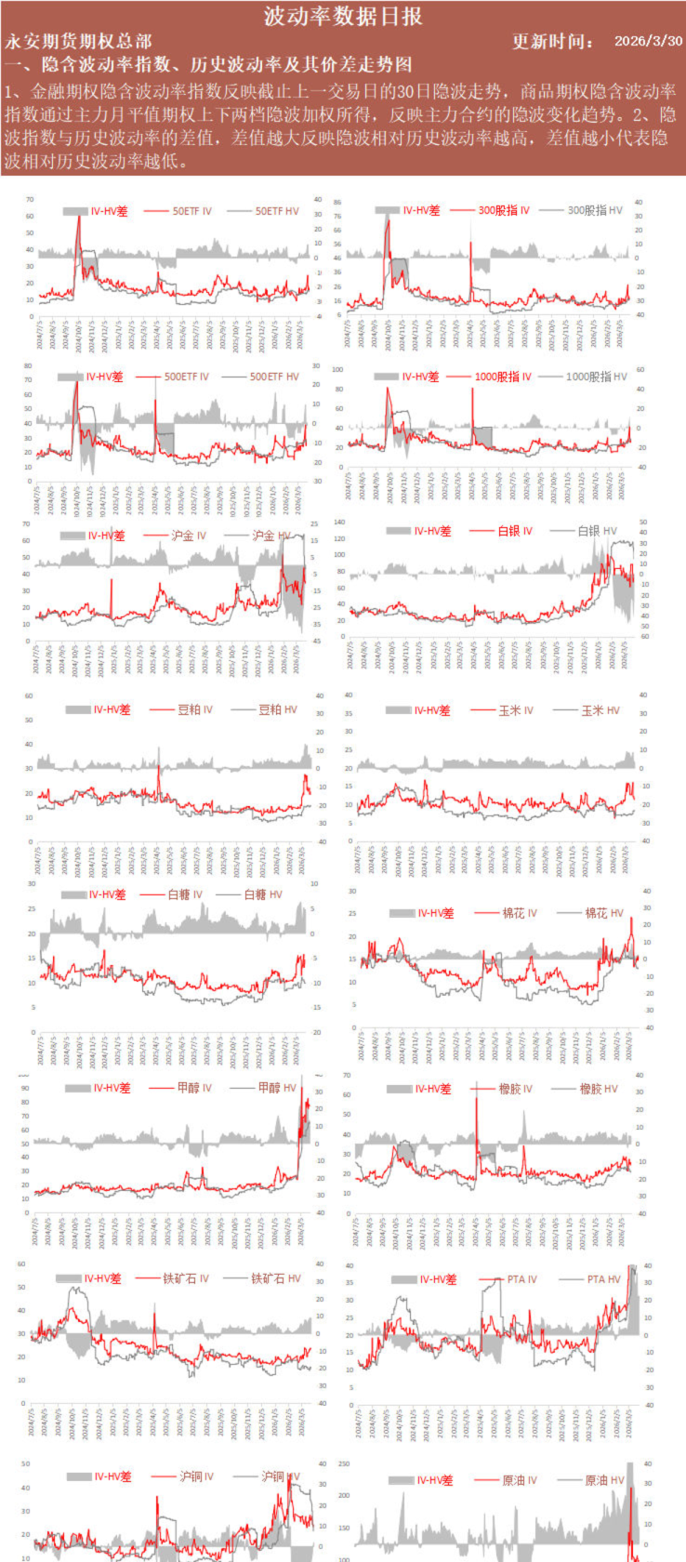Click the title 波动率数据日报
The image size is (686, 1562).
pos(343,16)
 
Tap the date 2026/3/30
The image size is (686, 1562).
pos(648,41)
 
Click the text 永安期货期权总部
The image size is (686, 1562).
pos(78,41)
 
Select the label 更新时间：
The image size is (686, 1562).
pos(554,41)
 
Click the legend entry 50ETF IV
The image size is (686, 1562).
pos(192,211)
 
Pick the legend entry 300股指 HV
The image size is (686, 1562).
pos(594,210)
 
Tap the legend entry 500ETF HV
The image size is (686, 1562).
pos(274,377)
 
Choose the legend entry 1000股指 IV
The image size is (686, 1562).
pos(502,377)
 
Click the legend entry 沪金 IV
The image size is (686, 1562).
pos(189,536)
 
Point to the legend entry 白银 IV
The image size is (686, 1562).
pos(514,531)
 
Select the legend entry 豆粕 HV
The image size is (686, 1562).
pos(277,709)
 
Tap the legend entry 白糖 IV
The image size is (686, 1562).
pos(185,894)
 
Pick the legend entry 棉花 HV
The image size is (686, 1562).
pos(603,914)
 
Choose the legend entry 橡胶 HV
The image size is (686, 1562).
pos(598,1089)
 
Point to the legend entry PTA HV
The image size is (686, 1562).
pos(603,1279)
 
